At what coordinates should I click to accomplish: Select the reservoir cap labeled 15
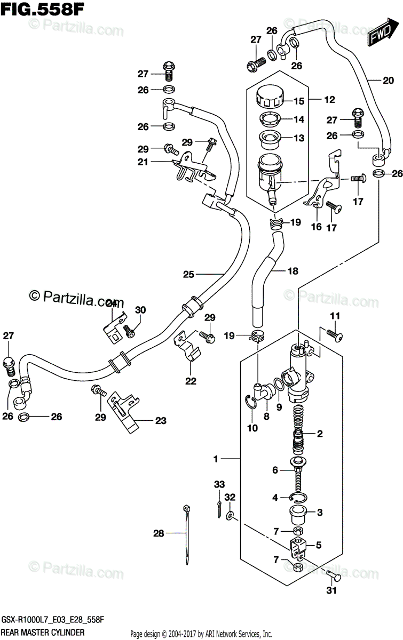point(269,98)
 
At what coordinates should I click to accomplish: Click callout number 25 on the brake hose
point(188,275)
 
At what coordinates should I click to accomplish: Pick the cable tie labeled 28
point(186,533)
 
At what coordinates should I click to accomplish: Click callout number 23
point(161,420)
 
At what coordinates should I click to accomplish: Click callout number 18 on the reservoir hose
point(293,271)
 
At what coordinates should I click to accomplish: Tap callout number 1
point(216,458)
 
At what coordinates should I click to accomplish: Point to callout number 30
point(140,310)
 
